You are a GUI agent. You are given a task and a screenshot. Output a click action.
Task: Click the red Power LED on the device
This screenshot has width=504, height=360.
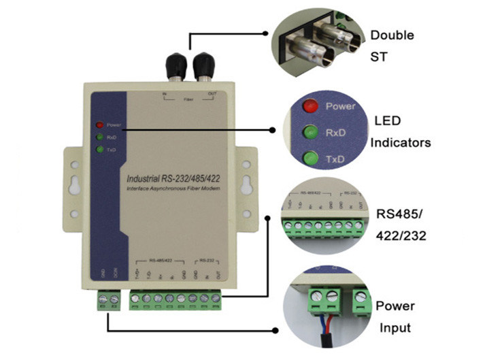pyautogui.click(x=99, y=125)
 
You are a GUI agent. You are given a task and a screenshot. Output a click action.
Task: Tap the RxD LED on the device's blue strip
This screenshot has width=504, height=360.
pyautogui.click(x=99, y=137)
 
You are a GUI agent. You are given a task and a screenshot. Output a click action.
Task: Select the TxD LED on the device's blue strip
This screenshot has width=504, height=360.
pyautogui.click(x=99, y=149)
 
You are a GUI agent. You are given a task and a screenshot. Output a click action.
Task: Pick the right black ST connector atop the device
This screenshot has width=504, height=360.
pyautogui.click(x=202, y=67)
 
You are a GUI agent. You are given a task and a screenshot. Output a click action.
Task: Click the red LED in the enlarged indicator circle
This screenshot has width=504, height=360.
pyautogui.click(x=311, y=106)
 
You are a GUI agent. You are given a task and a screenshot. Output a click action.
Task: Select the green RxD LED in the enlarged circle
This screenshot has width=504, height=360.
pyautogui.click(x=311, y=132)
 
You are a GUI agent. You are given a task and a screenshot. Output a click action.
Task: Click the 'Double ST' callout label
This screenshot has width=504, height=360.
pyautogui.click(x=392, y=46)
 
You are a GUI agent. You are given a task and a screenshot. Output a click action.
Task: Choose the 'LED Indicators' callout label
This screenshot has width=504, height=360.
pyautogui.click(x=401, y=131)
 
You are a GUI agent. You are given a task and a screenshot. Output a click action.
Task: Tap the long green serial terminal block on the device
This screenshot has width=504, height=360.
pyautogui.click(x=175, y=298)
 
